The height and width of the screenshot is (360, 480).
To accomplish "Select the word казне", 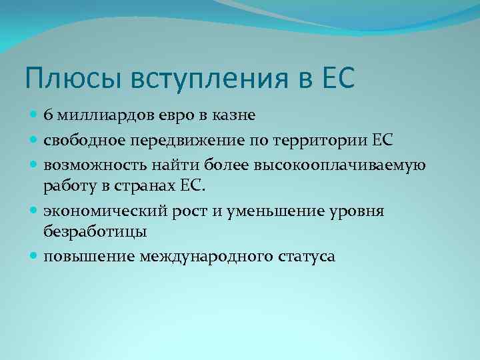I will pos(234,116).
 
